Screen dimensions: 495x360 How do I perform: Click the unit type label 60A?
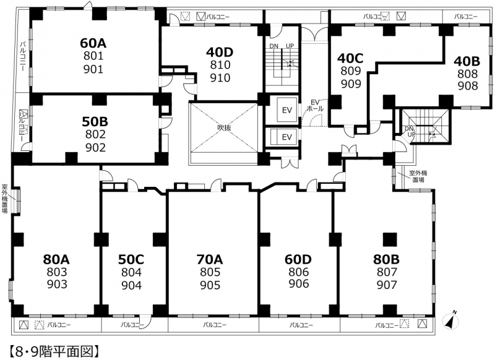[x=93, y=43]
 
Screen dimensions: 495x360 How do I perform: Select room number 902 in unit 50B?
[x=95, y=147]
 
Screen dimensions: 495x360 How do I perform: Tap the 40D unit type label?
[x=220, y=52]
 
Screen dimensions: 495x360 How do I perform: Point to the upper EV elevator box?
[x=287, y=110]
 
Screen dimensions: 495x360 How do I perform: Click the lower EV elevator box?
[x=287, y=137]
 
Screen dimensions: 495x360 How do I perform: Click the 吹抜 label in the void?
[x=224, y=127]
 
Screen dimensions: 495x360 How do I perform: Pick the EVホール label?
[x=315, y=105]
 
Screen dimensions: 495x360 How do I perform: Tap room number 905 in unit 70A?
[x=210, y=285]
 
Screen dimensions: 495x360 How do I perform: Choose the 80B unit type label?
[x=386, y=259]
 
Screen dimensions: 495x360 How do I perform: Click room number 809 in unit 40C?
[x=350, y=71]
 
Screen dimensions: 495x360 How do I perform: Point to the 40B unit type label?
[x=467, y=61]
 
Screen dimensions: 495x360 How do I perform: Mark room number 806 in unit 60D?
[x=298, y=272]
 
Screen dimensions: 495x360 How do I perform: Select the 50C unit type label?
[x=131, y=259]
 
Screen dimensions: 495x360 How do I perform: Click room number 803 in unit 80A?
[x=57, y=272]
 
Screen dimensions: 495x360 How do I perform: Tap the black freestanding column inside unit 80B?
[x=390, y=239]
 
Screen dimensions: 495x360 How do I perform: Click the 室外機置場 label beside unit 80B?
[x=418, y=176]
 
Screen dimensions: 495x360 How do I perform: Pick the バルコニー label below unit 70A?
[x=215, y=324]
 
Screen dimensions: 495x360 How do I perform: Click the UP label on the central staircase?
[x=290, y=46]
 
